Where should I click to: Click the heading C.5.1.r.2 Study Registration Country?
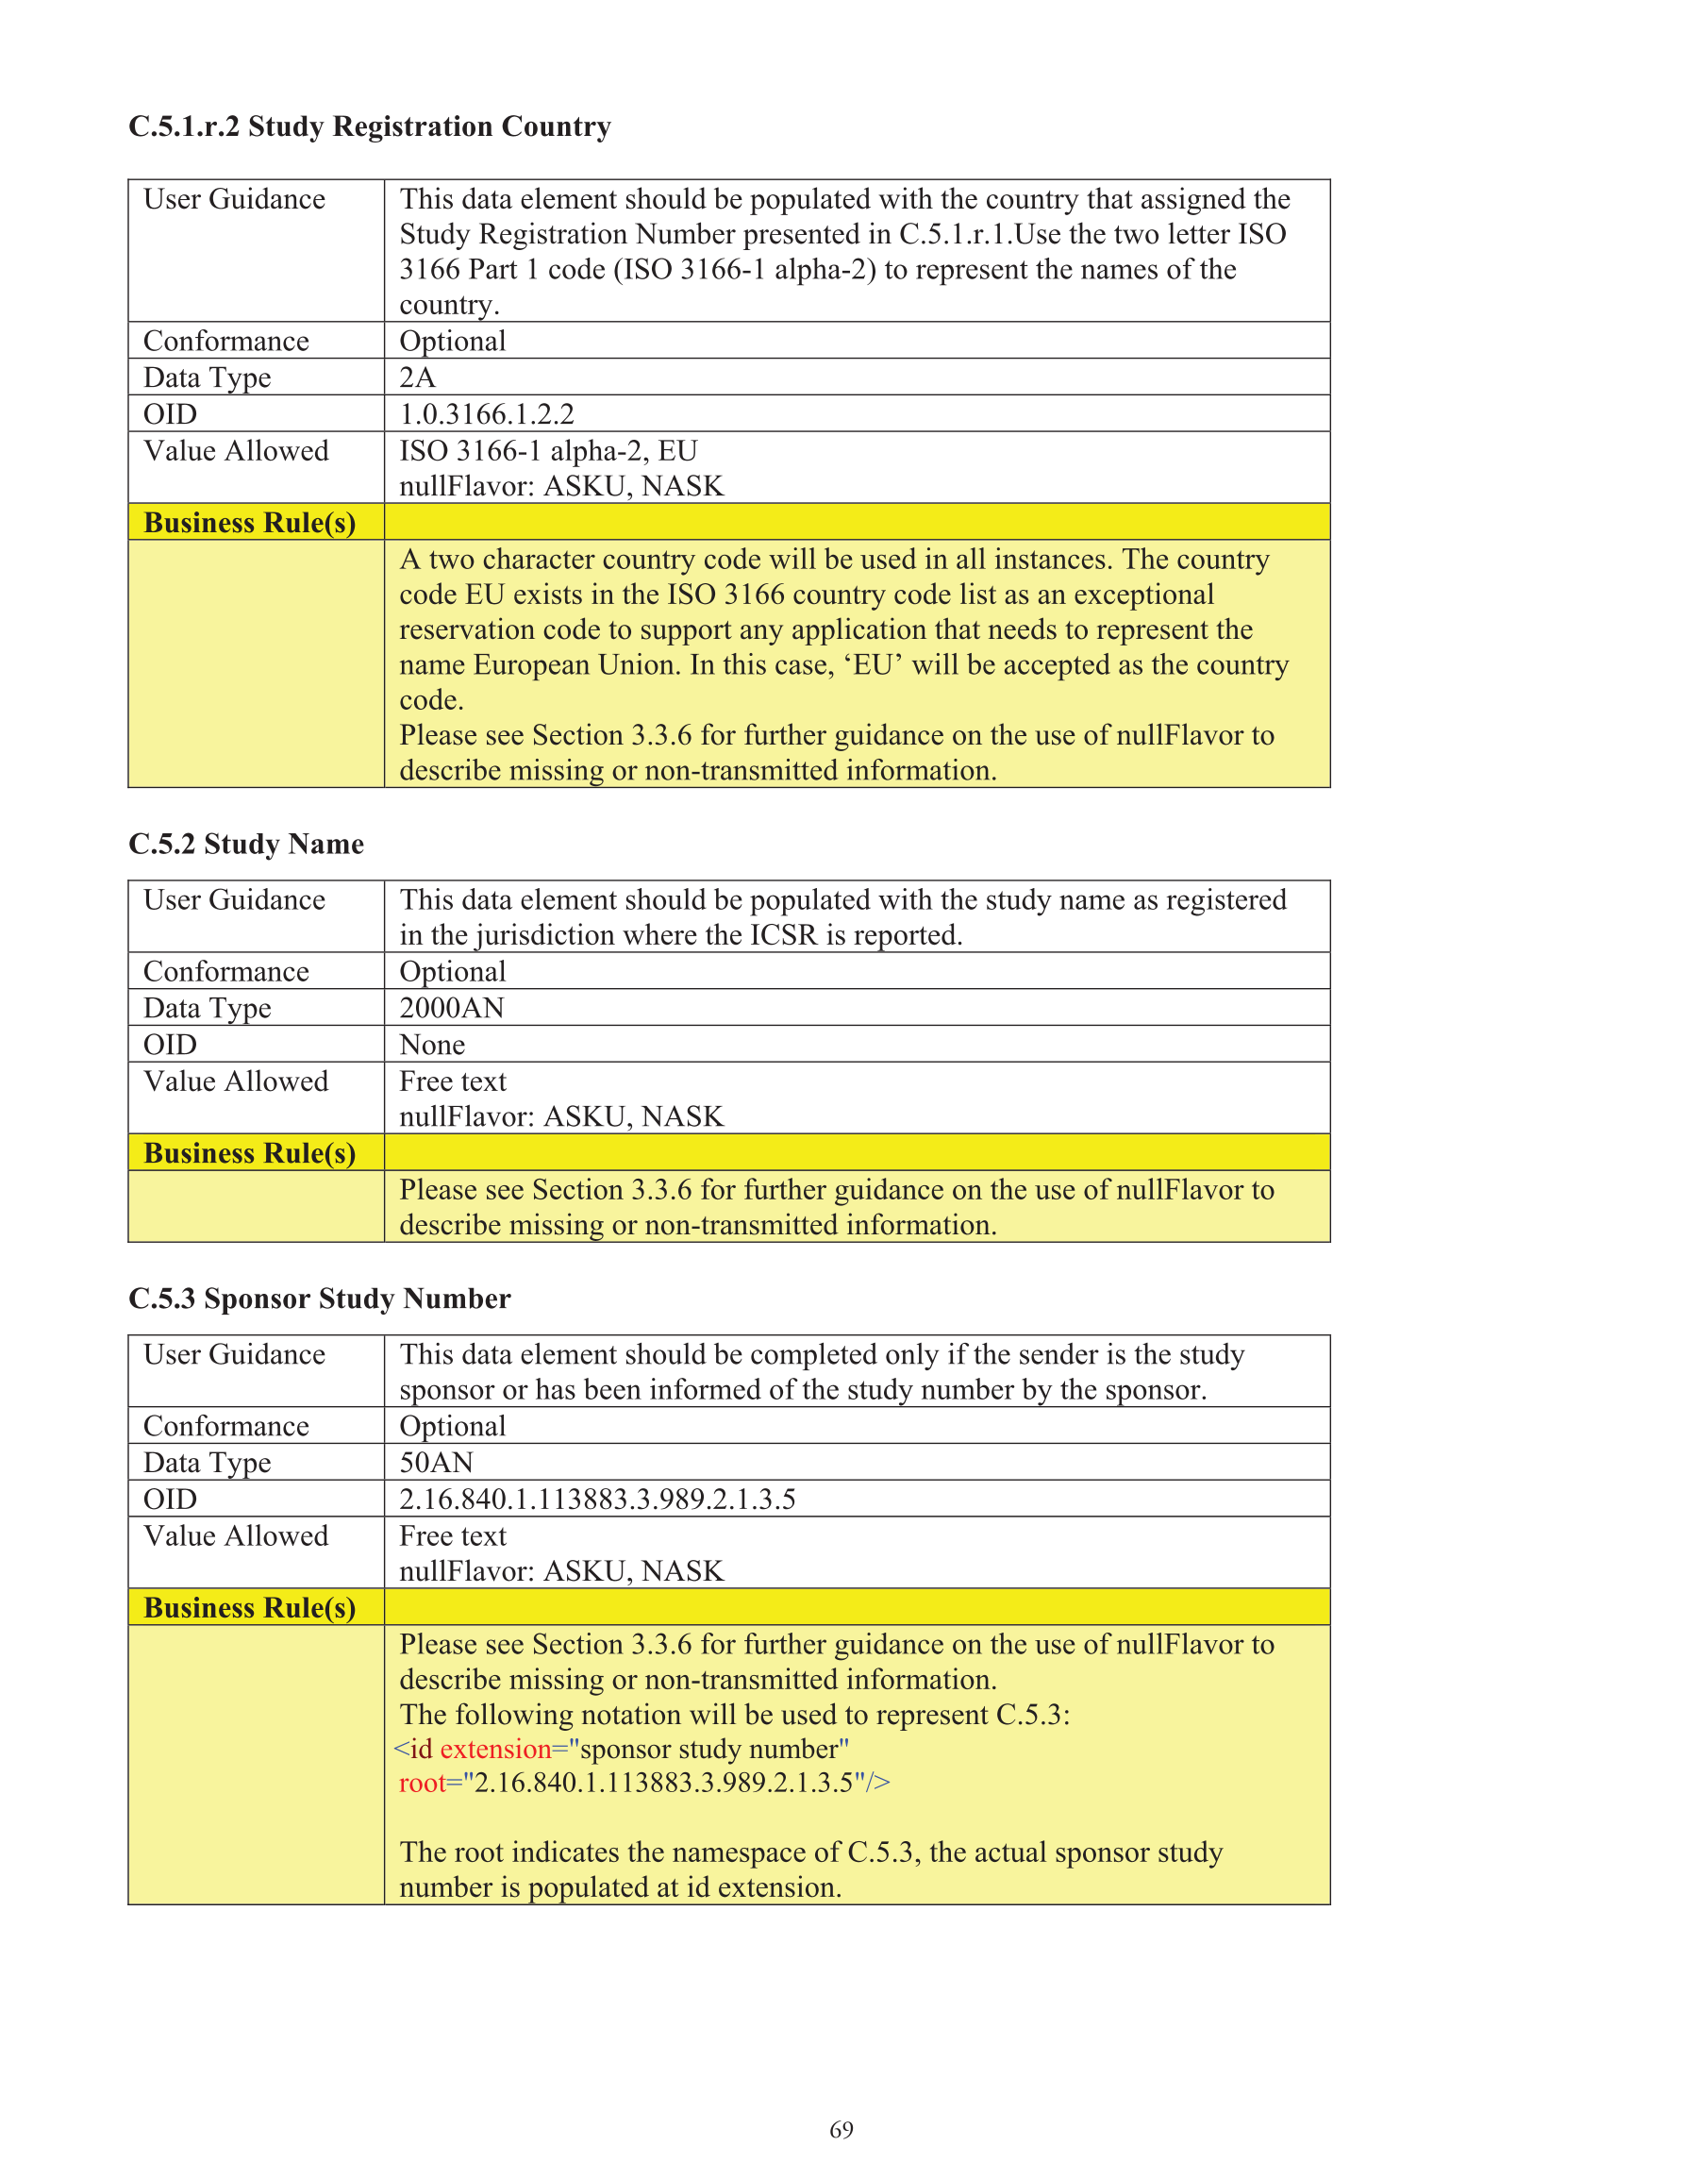click(x=369, y=126)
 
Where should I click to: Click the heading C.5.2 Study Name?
click(x=245, y=844)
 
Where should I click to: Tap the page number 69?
click(x=841, y=2129)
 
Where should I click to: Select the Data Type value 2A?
click(x=417, y=377)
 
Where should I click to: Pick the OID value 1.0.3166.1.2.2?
click(x=486, y=414)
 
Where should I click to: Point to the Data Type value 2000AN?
click(x=451, y=1008)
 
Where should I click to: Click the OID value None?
click(x=432, y=1045)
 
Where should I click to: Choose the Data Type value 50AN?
click(x=436, y=1463)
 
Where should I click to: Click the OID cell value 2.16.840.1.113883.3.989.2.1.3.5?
click(x=596, y=1499)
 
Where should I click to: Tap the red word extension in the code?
click(x=496, y=1749)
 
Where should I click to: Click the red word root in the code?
click(x=421, y=1783)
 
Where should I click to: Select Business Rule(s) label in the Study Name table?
click(x=249, y=1153)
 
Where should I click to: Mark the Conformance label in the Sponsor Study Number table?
click(x=226, y=1426)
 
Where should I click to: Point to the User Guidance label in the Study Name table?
click(x=235, y=900)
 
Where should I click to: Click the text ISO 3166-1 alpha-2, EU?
click(x=548, y=451)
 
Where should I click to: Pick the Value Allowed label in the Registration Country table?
click(x=236, y=451)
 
